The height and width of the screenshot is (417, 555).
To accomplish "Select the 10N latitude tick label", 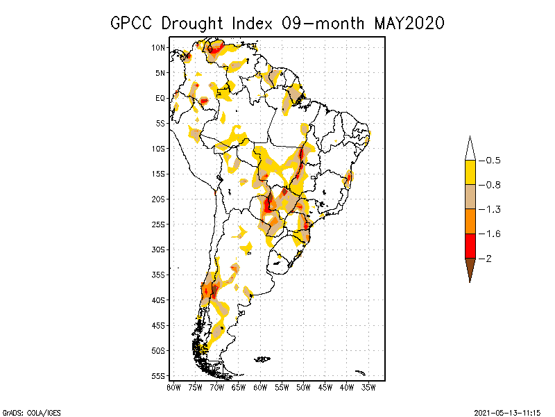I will point(158,47).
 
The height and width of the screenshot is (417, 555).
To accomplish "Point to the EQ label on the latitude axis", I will point(160,98).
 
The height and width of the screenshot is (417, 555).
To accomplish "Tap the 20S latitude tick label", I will point(158,199).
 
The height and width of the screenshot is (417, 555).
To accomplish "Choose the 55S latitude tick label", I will point(158,376).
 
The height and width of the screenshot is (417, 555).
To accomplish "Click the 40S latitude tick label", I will point(158,300).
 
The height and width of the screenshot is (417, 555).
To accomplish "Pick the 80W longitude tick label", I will point(173,387).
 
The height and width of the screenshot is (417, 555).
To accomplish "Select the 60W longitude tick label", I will point(260,387).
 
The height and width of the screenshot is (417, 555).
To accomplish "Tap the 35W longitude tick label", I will point(368,387).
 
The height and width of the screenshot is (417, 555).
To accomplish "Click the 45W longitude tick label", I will point(325,387).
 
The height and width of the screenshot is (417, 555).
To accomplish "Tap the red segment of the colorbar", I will point(470,246).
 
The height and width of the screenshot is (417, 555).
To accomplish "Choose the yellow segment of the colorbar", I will point(470,172).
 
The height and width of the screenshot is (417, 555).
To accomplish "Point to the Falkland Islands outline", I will point(262,359).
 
